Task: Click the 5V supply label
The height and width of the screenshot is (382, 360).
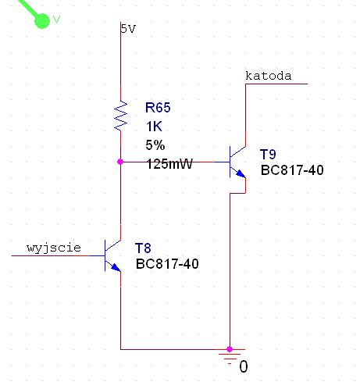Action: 128,29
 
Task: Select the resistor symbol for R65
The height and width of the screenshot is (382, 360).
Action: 121,116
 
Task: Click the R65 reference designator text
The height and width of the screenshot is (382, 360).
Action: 158,108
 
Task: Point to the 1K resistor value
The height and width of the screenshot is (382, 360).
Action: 154,126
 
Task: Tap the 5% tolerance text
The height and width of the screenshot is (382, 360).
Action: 155,145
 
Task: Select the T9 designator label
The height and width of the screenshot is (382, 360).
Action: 268,154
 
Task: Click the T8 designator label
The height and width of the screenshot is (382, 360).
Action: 144,248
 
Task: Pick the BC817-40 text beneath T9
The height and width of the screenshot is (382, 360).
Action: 292,170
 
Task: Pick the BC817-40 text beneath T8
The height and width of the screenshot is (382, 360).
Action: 167,264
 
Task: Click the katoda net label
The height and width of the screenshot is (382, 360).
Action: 268,76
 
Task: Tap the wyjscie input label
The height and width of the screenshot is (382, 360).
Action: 54,248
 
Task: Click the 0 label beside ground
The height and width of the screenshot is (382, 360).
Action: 244,366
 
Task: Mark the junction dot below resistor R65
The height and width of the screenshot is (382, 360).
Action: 120,162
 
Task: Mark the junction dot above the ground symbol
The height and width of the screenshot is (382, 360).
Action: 230,348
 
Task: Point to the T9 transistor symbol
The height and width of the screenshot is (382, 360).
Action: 236,162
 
